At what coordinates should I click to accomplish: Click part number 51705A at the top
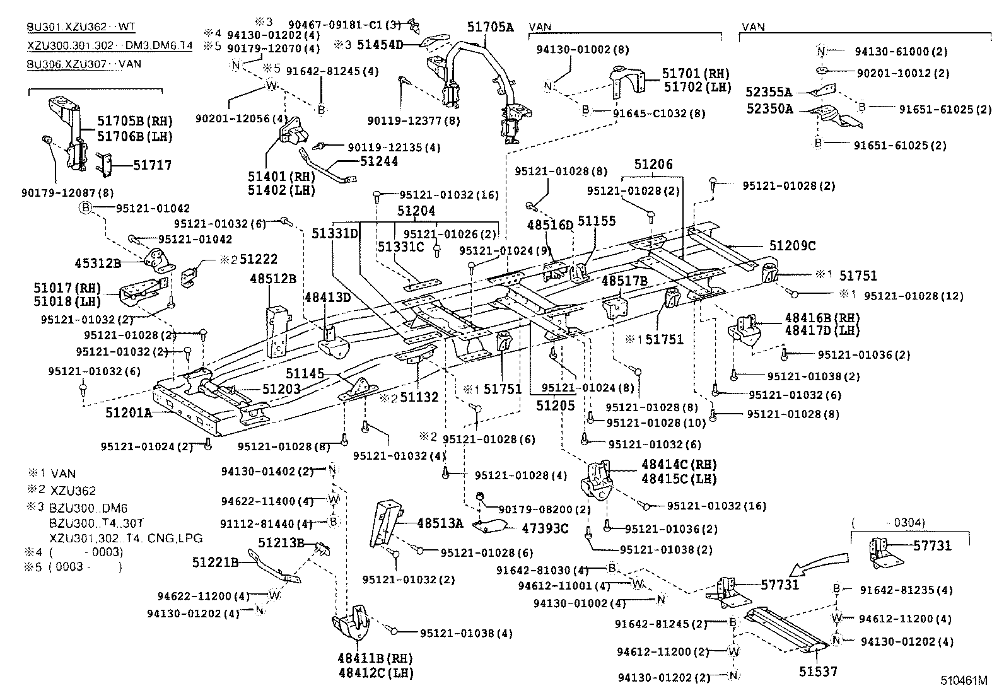point(491,26)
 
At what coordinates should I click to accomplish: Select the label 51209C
point(792,247)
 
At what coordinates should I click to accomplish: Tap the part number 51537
point(818,672)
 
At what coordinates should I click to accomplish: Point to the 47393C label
point(545,528)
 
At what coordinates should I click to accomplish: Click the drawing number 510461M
point(963,681)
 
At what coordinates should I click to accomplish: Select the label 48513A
point(440,522)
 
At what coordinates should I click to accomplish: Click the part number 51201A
point(129,414)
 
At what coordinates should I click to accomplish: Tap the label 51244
point(379,161)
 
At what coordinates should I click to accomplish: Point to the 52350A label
point(769,108)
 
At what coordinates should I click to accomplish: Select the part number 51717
point(152,165)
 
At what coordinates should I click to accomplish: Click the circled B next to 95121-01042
point(85,208)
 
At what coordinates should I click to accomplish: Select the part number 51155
point(597,221)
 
